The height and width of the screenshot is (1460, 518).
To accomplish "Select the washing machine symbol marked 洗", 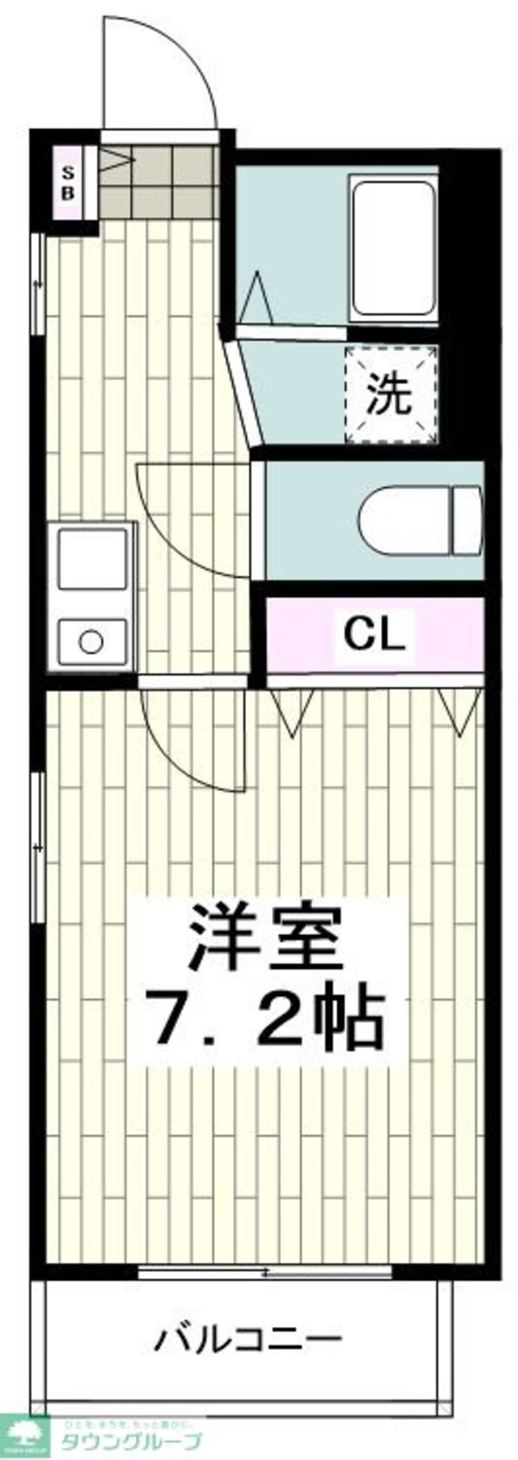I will coord(390,394).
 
